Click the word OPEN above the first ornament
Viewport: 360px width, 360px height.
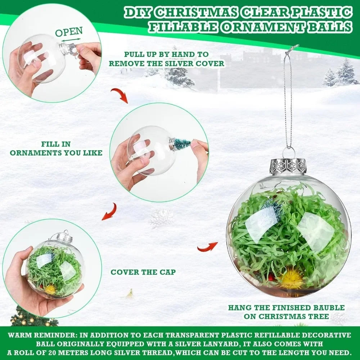click(69, 32)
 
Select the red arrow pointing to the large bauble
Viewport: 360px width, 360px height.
click(207, 247)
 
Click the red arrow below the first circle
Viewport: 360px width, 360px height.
click(119, 95)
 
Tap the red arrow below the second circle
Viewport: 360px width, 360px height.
click(109, 211)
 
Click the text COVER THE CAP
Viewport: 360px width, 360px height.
click(143, 272)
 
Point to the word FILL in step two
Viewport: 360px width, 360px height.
click(51, 144)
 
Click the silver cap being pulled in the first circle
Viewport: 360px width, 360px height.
click(70, 49)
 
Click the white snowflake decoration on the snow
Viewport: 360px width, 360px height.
click(162, 218)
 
